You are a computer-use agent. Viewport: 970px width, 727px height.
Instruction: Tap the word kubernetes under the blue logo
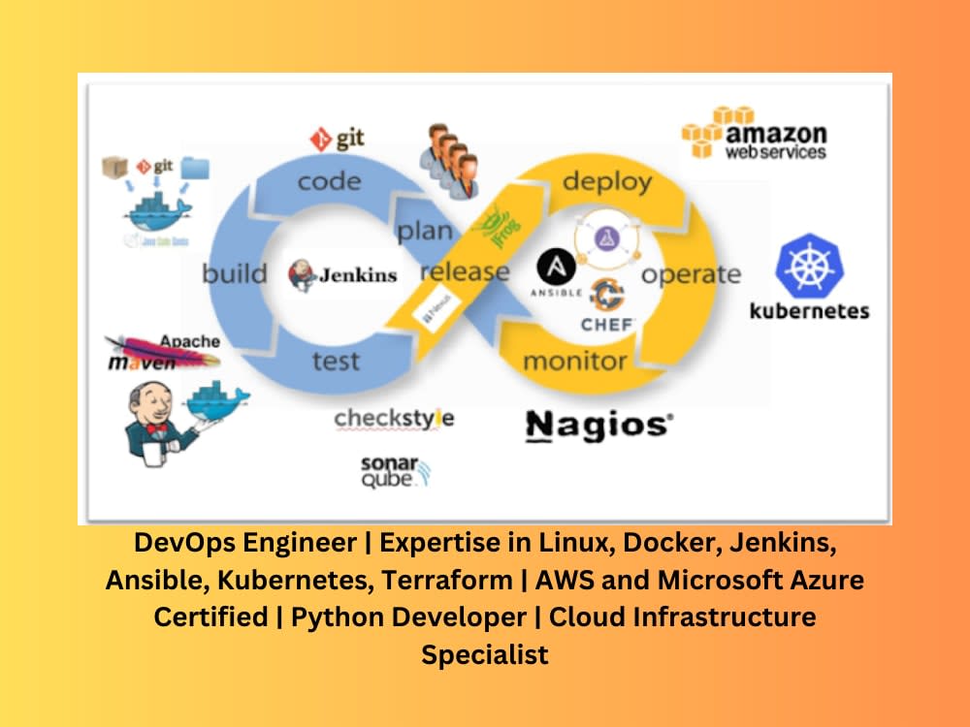click(x=809, y=311)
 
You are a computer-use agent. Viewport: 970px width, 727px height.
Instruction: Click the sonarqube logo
click(x=394, y=470)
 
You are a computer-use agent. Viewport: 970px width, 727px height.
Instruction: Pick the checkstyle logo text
click(x=394, y=419)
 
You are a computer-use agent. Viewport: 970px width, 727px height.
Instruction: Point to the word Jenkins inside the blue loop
click(x=357, y=274)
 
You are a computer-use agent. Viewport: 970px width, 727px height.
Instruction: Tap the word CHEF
click(x=607, y=324)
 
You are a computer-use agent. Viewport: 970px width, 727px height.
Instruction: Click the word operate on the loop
click(x=691, y=274)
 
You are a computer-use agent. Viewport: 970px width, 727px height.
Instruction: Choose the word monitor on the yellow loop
click(x=574, y=362)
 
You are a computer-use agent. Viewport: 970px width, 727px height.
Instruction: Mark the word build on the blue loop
click(x=234, y=273)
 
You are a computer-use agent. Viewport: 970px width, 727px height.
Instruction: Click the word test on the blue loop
click(x=336, y=362)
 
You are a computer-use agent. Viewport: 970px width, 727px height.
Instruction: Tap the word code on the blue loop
click(x=329, y=181)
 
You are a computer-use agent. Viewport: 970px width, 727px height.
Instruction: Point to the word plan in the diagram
click(x=424, y=231)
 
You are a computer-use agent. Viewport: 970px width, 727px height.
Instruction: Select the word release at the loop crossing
click(x=464, y=271)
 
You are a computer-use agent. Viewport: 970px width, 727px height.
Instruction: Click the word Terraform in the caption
click(x=446, y=581)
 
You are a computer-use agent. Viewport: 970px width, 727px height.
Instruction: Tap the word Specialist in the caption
click(x=484, y=654)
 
